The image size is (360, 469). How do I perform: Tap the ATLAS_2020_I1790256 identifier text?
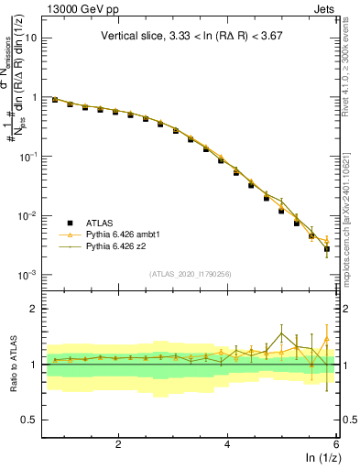pos(191,274)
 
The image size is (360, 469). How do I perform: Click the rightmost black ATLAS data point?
pos(326,248)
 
